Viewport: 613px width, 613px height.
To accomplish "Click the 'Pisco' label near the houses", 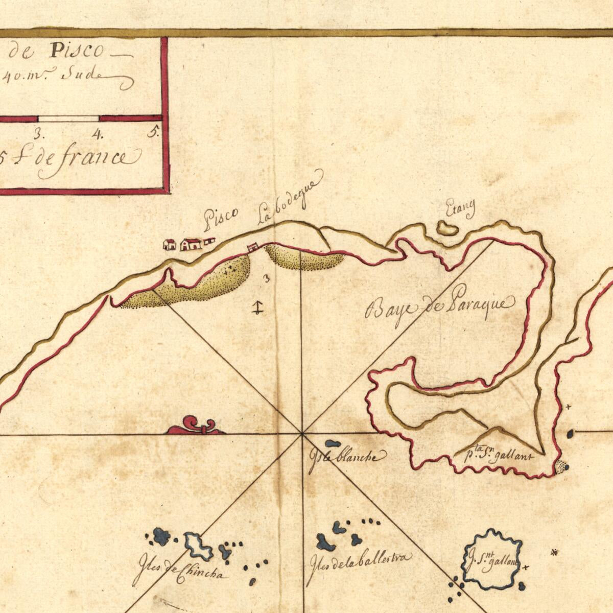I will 221,218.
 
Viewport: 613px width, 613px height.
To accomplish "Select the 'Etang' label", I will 460,208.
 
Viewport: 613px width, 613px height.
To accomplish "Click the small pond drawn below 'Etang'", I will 447,228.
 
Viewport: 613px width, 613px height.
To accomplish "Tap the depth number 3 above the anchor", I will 266,278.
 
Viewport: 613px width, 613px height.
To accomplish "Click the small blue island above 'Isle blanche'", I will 333,443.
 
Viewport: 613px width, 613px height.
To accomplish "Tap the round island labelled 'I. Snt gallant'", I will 493,559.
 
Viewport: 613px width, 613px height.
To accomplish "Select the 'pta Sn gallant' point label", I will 499,455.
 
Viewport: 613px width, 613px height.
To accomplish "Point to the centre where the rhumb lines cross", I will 302,434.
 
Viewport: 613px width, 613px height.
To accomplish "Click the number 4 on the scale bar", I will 97,135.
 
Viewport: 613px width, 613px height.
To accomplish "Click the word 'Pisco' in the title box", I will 77,51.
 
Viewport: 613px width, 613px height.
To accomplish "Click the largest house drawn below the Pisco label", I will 191,244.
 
